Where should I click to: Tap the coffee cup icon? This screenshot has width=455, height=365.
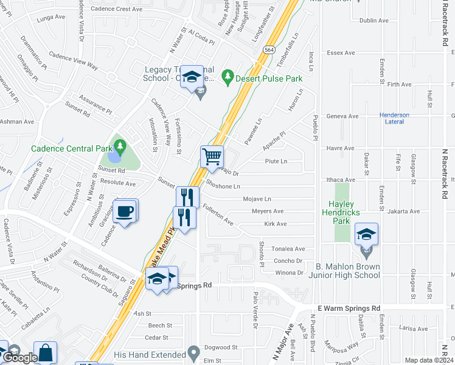coord(125,211)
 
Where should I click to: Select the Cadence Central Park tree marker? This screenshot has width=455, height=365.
coord(120,147)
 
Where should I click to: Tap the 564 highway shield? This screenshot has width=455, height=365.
coord(268,49)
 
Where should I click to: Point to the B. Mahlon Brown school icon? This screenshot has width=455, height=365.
coord(366,233)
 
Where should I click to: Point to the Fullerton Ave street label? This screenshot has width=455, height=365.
coord(219,214)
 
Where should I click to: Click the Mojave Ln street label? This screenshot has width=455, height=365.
coord(257,199)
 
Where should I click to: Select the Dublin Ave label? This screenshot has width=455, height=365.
coord(373,20)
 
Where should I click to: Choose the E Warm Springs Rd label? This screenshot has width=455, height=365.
coord(349,308)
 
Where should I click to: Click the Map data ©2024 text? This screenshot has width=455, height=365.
coord(428,360)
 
